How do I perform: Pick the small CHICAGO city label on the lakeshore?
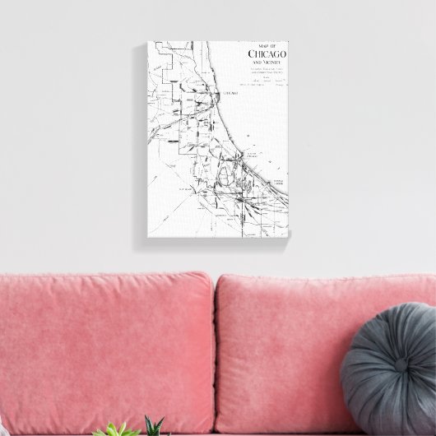point(232,95)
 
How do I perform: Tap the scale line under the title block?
point(266,83)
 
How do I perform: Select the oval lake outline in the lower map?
point(228,172)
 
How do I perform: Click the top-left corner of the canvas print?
point(148,40)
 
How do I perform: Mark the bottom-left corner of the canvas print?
point(148,244)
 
